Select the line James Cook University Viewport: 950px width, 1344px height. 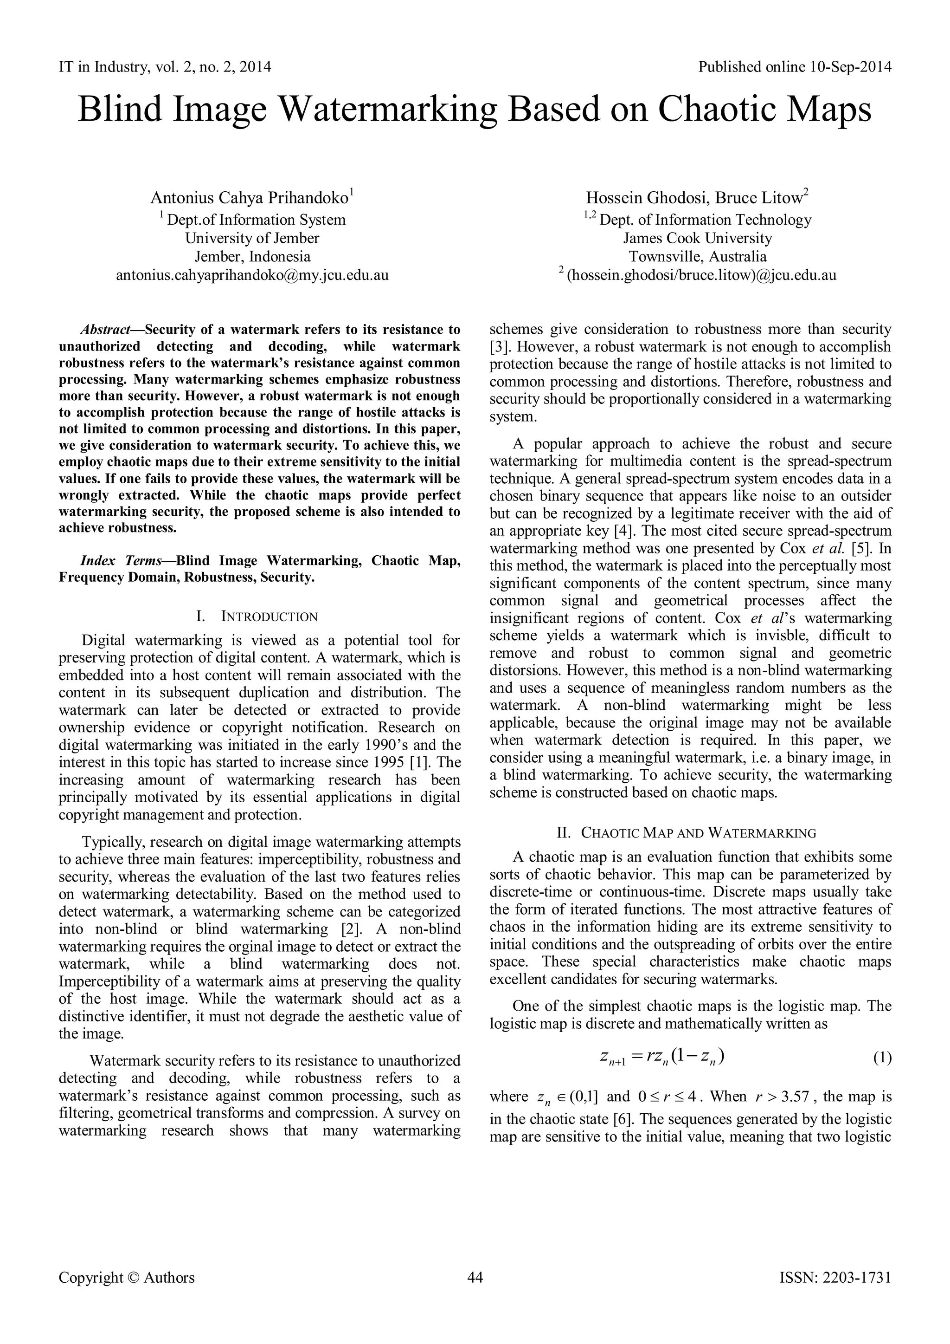pos(697,238)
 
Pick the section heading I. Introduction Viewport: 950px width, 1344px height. pos(259,617)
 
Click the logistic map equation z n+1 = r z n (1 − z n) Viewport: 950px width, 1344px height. pos(661,1057)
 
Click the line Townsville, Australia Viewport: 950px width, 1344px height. pos(697,256)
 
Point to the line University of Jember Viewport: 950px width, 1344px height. pos(252,238)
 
